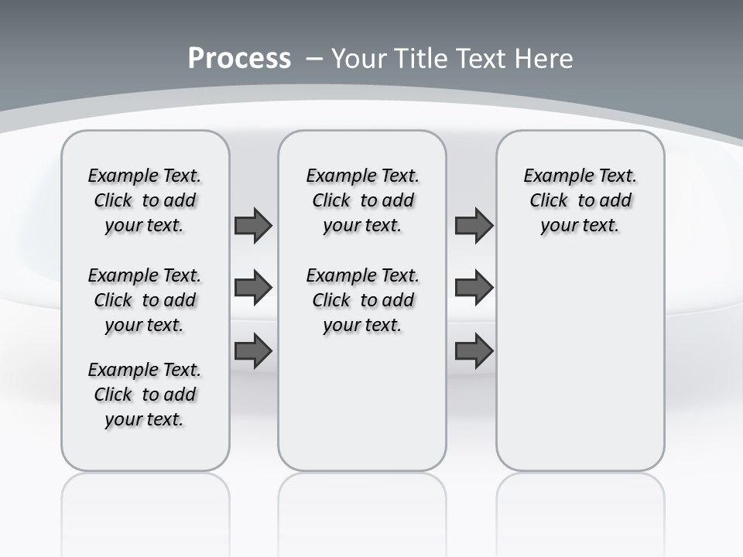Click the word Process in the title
[239, 58]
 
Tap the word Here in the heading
[544, 58]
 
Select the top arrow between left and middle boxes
[253, 226]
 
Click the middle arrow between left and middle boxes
[253, 288]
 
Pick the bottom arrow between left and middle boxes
[253, 350]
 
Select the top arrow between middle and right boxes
[474, 226]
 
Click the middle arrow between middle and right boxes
[474, 288]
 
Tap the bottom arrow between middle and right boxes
[474, 350]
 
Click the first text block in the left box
[145, 200]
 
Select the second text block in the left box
[145, 300]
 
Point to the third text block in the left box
[145, 395]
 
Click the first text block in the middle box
[362, 200]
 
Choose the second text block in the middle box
[362, 300]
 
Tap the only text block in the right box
[580, 200]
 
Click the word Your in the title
[360, 58]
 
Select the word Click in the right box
[549, 201]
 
